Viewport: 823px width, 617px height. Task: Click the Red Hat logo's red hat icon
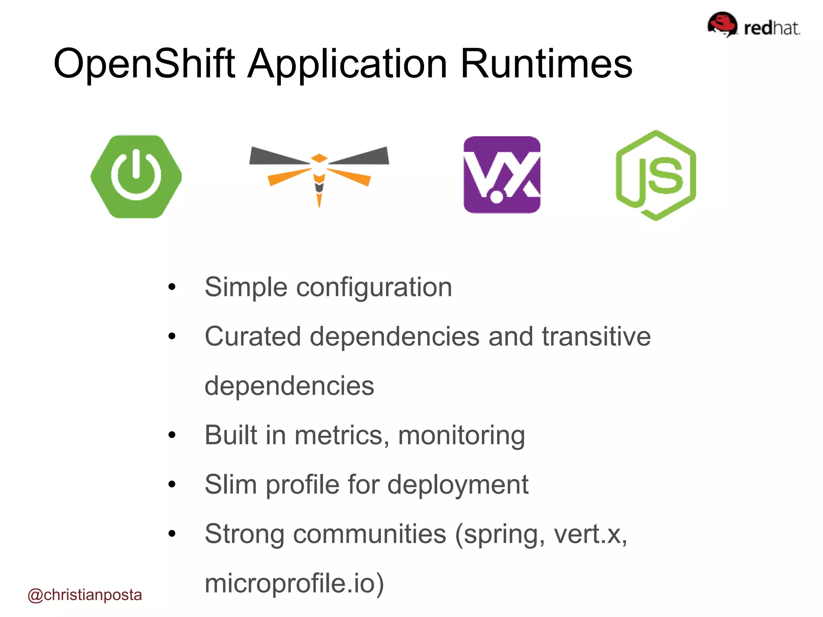pyautogui.click(x=722, y=24)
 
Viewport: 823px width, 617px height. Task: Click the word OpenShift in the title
pyautogui.click(x=144, y=63)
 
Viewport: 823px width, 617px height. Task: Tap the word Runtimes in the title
pyautogui.click(x=546, y=63)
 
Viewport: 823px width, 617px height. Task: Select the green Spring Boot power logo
pyautogui.click(x=136, y=176)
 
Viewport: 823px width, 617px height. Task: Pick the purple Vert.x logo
pyautogui.click(x=502, y=175)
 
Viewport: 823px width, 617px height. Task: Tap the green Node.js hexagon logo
pyautogui.click(x=656, y=176)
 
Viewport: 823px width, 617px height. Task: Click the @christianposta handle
pyautogui.click(x=85, y=595)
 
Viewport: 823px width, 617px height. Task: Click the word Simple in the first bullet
pyautogui.click(x=246, y=288)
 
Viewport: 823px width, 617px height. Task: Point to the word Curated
pyautogui.click(x=253, y=336)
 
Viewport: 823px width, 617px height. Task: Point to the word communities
pyautogui.click(x=370, y=534)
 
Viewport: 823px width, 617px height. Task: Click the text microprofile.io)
pyautogui.click(x=294, y=584)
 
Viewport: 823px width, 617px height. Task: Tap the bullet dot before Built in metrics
pyautogui.click(x=172, y=435)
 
